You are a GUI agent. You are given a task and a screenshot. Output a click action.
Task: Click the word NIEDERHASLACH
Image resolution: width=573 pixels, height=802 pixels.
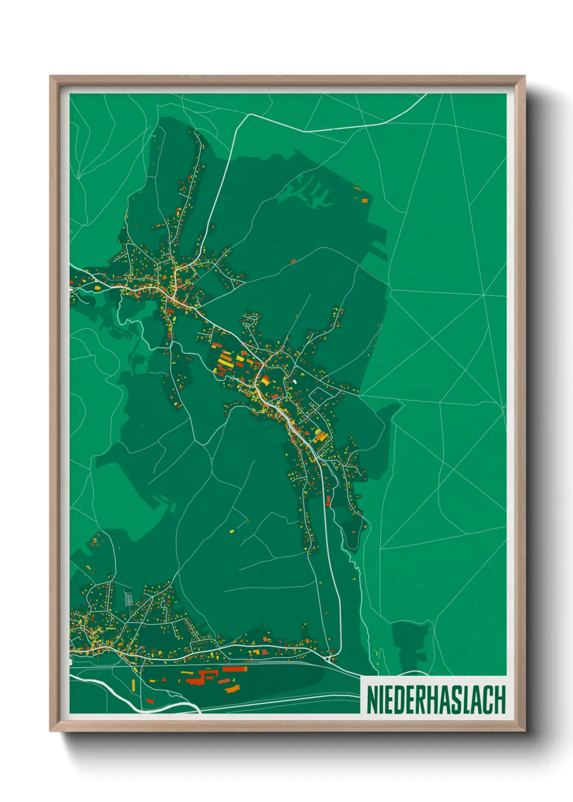click(436, 700)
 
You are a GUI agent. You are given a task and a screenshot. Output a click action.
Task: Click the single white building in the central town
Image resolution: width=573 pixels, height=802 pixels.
click(295, 381)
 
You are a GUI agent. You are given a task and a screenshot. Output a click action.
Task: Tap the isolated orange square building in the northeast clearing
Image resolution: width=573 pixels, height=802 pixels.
click(364, 200)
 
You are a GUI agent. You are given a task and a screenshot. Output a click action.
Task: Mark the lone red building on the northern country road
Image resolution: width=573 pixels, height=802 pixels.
click(293, 261)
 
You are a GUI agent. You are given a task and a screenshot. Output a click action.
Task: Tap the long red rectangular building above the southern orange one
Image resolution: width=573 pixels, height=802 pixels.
click(235, 669)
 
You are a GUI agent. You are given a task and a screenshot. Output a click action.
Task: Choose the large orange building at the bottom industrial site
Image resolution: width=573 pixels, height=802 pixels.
click(232, 689)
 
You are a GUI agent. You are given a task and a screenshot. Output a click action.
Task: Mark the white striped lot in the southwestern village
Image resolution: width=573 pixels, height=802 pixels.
click(129, 598)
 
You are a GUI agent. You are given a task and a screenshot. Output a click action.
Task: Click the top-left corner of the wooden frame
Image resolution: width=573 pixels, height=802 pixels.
click(51, 77)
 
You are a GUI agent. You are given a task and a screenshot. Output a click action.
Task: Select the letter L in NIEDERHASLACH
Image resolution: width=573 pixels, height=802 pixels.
click(468, 700)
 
